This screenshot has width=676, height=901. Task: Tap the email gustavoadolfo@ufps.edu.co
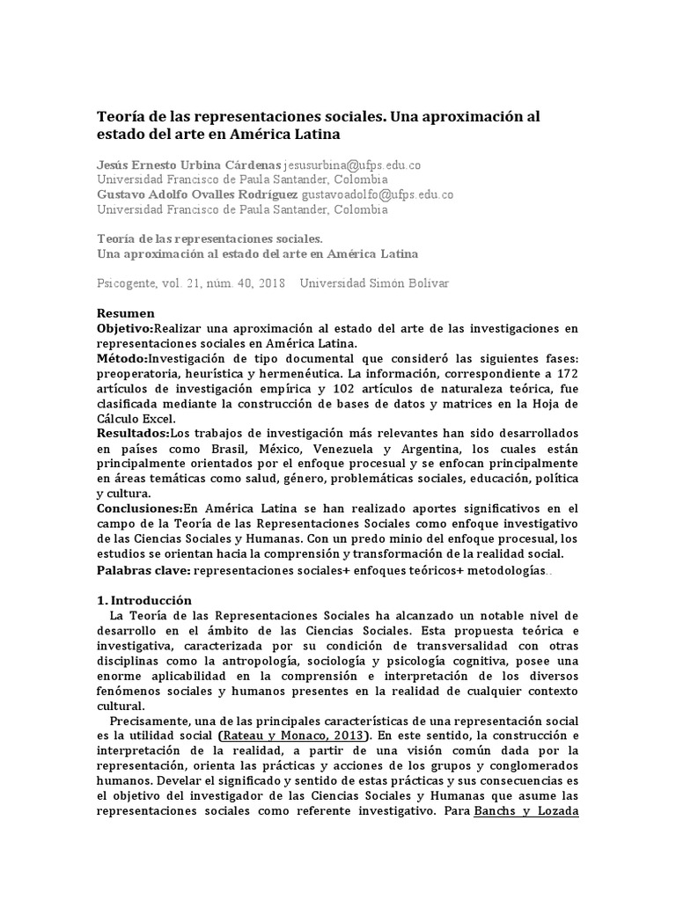coord(378,194)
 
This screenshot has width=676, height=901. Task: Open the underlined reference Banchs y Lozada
coord(525,811)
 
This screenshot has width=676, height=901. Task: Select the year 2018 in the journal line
coord(268,284)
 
